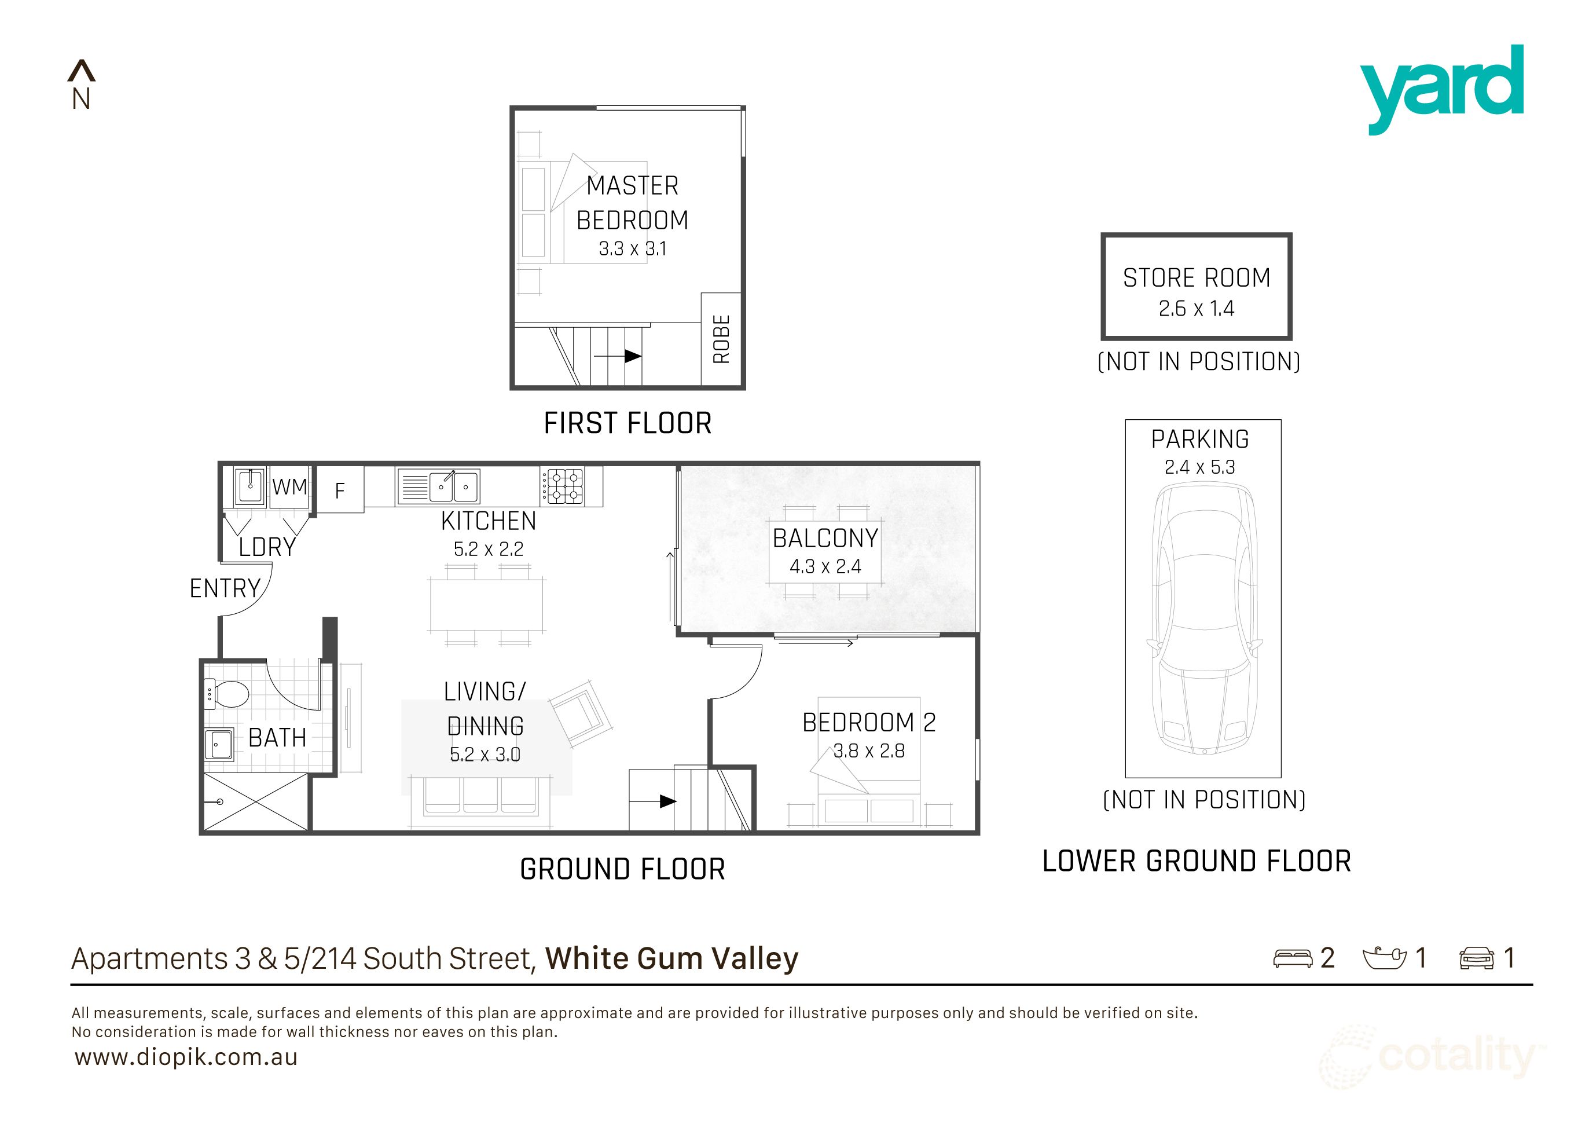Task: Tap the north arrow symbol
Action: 81,71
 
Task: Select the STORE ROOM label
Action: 1197,277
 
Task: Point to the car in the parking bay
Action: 1203,620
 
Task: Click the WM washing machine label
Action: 289,486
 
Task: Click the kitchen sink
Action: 438,486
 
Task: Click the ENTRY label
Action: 225,588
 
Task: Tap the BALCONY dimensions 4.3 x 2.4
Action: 825,567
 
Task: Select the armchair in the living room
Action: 580,713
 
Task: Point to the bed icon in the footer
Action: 1292,958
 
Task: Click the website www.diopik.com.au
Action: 186,1057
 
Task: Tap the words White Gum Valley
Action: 671,958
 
